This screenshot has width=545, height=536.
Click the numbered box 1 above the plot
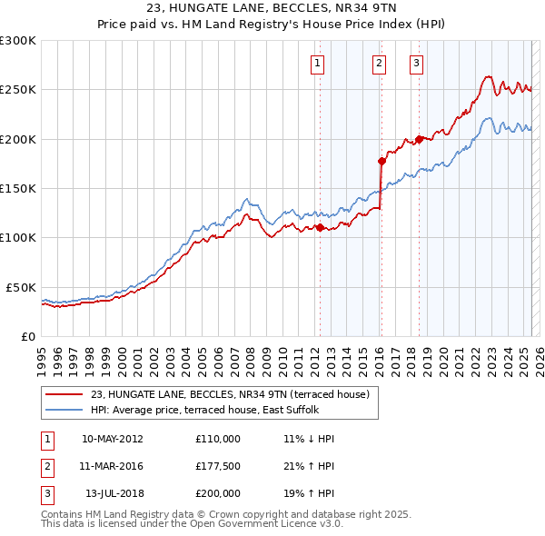tap(318, 63)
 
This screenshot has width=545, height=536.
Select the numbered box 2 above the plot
tap(379, 63)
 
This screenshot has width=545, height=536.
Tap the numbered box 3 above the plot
tap(416, 63)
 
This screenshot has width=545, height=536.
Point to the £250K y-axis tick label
tap(18, 90)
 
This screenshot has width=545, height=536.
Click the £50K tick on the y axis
tap(22, 287)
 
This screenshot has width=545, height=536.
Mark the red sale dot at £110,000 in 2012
tap(320, 227)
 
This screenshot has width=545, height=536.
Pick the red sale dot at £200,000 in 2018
tap(419, 139)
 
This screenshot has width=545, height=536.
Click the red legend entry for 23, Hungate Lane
tap(230, 394)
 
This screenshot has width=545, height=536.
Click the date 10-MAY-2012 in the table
tap(112, 438)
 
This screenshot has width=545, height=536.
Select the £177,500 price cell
tap(218, 466)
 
